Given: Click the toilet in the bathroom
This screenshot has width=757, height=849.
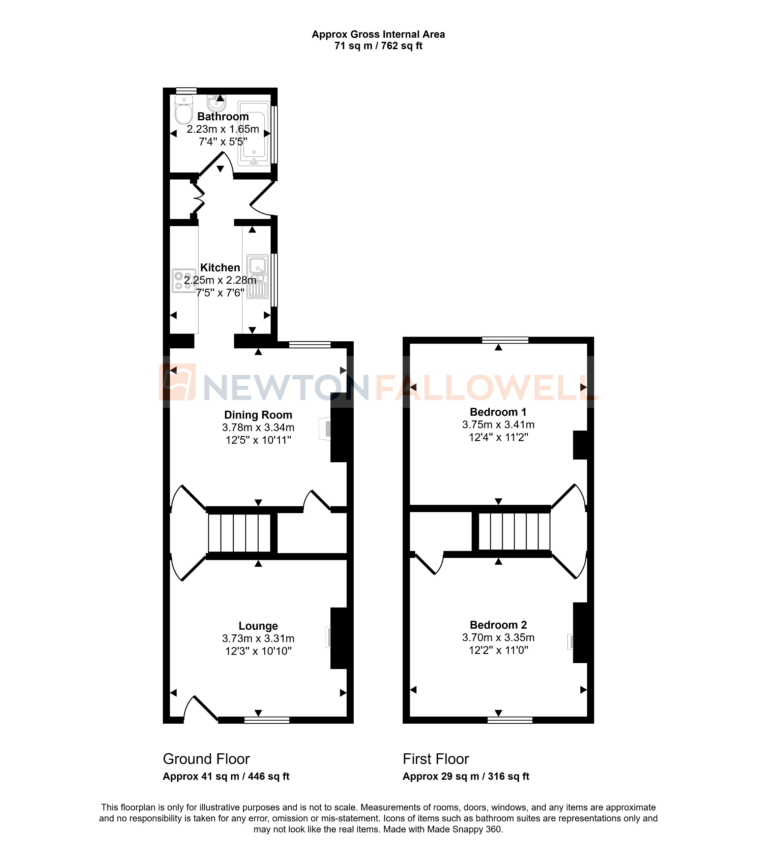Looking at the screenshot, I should tap(183, 110).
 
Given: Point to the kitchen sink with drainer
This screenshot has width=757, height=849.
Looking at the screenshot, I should tap(258, 276).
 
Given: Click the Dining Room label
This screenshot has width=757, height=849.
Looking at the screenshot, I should tap(258, 415).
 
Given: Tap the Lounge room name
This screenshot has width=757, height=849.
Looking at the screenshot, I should tap(258, 626).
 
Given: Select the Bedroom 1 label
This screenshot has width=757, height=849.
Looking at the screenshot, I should tap(498, 412).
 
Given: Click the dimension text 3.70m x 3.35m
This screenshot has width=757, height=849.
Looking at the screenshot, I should tap(498, 637).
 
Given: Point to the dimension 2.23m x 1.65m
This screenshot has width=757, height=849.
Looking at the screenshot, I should tap(223, 129).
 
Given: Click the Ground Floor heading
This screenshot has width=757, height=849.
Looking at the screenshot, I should tap(206, 759).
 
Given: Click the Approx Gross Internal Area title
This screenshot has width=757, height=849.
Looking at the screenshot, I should tap(378, 34).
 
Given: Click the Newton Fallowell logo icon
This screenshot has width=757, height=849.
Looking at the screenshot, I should tap(177, 382).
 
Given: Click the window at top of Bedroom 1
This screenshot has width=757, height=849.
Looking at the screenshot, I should tap(505, 340).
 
